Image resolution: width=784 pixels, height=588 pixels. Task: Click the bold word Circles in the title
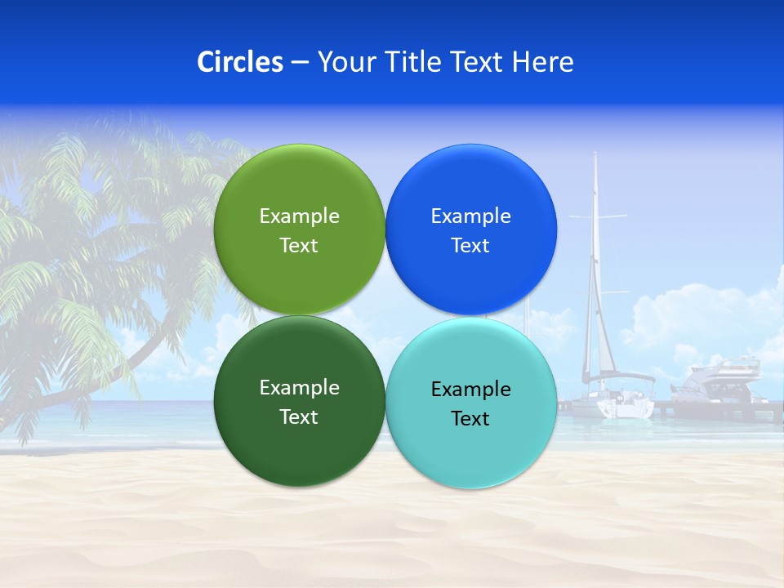(239, 62)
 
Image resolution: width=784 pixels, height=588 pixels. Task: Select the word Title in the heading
(413, 62)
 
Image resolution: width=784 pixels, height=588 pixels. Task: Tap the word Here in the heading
(542, 62)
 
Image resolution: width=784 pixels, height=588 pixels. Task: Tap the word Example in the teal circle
(470, 390)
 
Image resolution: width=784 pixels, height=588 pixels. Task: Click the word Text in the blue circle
(470, 246)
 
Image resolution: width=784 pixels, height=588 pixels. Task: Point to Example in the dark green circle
(299, 388)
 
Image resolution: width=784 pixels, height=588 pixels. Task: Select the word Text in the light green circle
(299, 246)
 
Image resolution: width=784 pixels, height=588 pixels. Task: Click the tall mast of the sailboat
(595, 245)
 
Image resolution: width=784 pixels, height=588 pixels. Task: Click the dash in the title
(300, 62)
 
